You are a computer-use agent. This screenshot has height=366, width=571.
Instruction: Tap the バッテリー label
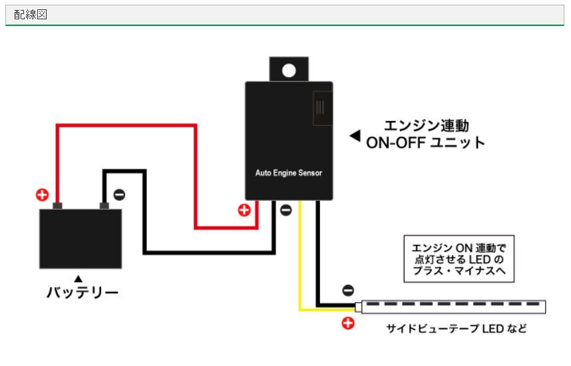83,292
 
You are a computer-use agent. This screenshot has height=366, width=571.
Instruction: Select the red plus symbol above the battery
42,194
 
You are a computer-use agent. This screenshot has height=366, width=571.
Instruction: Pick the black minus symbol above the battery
118,194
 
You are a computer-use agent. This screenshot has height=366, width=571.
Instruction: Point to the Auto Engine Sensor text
289,173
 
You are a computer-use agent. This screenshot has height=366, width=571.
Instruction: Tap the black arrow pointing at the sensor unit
355,136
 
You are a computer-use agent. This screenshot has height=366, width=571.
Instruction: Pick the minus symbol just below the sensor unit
285,210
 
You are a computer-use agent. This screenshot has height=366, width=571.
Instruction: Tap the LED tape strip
453,306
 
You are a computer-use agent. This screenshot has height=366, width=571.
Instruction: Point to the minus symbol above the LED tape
348,291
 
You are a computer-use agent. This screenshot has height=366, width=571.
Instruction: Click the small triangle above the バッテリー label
79,278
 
